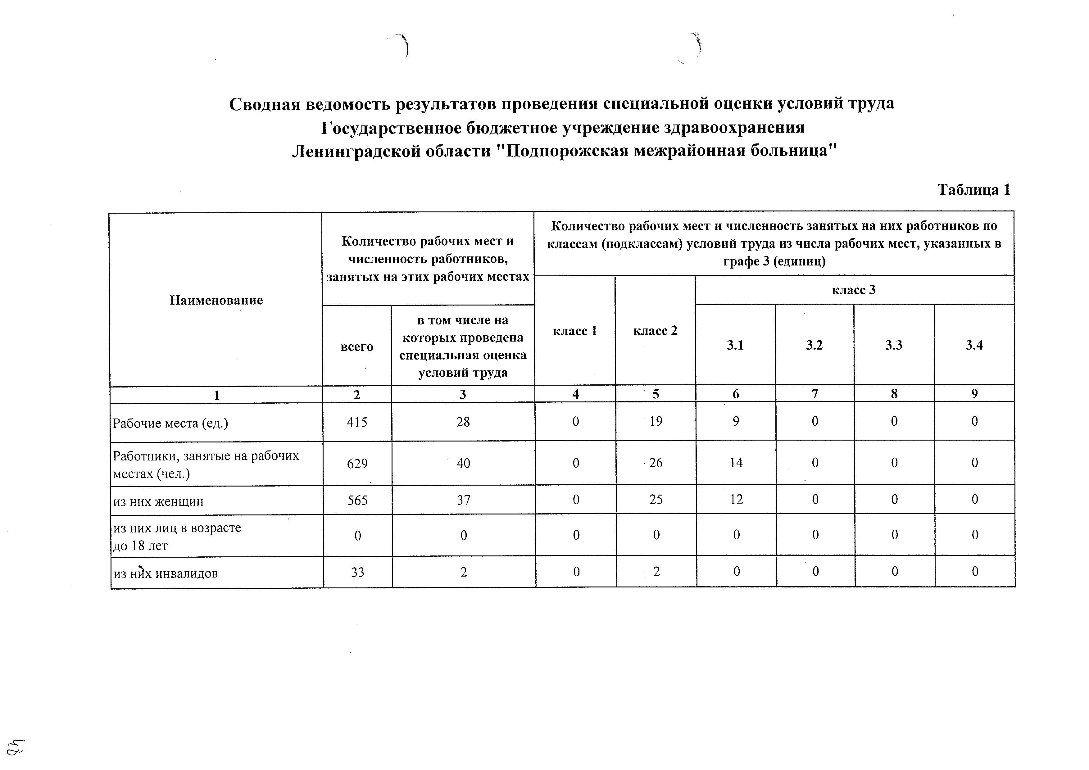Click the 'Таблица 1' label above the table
pyautogui.click(x=974, y=190)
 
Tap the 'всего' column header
pyautogui.click(x=357, y=346)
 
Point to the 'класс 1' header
pyautogui.click(x=575, y=331)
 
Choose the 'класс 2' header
pyautogui.click(x=655, y=331)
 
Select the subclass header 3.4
pyautogui.click(x=974, y=345)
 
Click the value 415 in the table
pyautogui.click(x=357, y=422)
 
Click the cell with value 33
pyautogui.click(x=358, y=572)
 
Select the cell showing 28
pyautogui.click(x=463, y=422)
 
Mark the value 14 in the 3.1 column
pyautogui.click(x=736, y=463)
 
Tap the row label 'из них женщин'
pyautogui.click(x=158, y=501)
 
